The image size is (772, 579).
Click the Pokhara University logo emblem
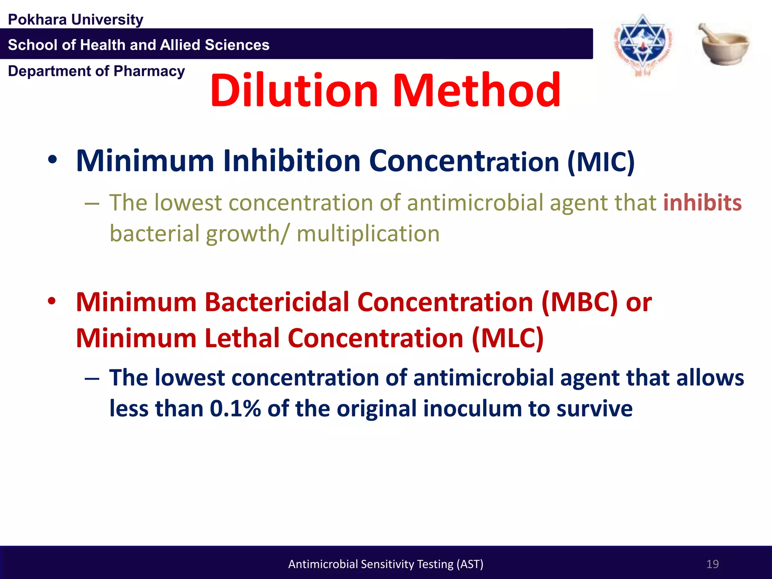[643, 44]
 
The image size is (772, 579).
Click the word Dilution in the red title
[294, 90]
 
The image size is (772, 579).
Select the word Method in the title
[476, 90]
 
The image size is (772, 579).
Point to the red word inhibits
[702, 203]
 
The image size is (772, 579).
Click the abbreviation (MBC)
[579, 302]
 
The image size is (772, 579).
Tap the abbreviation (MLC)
[507, 338]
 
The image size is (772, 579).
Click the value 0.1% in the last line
[235, 409]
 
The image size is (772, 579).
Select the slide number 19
[712, 564]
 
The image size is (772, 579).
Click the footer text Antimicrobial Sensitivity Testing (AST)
[386, 564]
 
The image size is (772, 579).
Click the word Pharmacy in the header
[149, 71]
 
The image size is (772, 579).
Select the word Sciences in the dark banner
[237, 45]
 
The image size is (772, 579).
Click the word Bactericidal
[277, 302]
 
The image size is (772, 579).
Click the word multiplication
[368, 234]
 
